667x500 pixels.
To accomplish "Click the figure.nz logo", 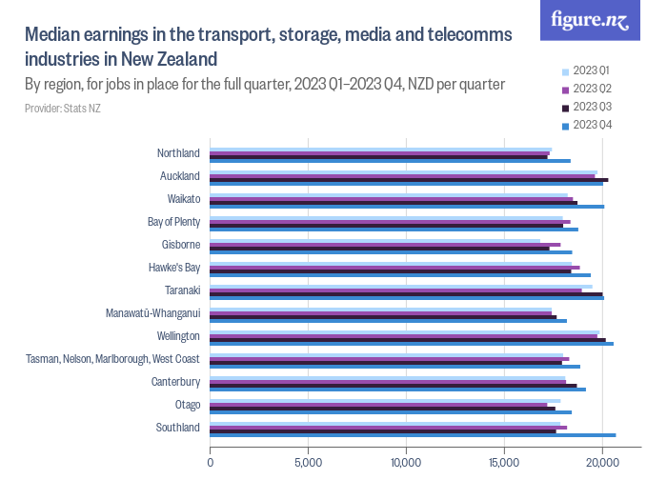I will click(x=590, y=21).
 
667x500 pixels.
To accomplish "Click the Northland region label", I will click(x=178, y=153).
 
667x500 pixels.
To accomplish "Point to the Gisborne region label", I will click(x=180, y=245).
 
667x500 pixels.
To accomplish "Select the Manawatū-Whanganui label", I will click(x=153, y=313).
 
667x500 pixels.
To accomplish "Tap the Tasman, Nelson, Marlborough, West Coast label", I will click(x=112, y=359).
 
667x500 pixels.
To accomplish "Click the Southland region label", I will click(x=178, y=428).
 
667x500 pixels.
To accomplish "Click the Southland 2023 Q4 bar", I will click(x=413, y=435).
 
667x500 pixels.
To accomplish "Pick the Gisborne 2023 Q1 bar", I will click(x=374, y=240).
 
